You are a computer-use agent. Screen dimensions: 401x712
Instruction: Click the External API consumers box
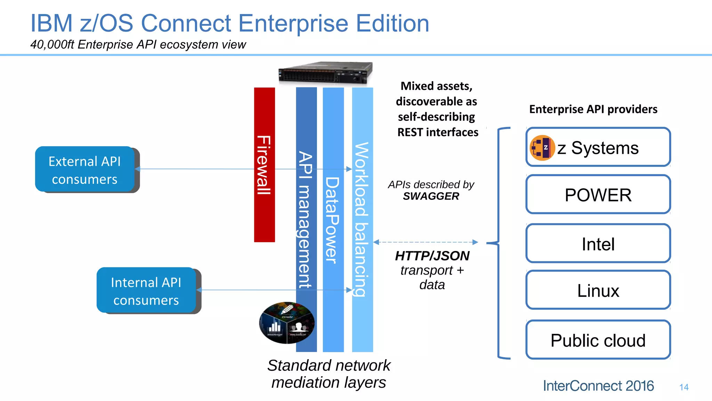coord(85,170)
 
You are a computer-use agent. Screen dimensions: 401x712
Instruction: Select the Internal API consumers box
coord(146,291)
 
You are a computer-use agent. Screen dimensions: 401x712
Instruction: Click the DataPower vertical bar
coord(333,219)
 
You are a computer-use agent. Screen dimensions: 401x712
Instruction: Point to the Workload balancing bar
coord(362,219)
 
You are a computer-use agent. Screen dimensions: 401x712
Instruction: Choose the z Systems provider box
coord(598,147)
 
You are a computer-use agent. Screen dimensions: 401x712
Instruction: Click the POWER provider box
coord(598,195)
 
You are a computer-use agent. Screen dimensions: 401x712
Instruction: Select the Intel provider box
coord(598,244)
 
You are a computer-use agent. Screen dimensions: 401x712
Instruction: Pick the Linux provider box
coord(598,290)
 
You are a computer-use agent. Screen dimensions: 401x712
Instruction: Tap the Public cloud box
coord(598,340)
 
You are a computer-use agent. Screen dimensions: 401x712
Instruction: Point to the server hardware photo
coord(325,72)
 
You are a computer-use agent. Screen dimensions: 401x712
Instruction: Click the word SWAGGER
coord(431,196)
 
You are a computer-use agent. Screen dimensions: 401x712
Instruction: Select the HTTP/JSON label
coord(432,256)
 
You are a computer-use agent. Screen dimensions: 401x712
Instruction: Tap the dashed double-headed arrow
coord(426,242)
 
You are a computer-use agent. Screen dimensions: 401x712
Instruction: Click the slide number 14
coord(684,387)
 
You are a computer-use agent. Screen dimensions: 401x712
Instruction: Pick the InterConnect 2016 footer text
coord(598,386)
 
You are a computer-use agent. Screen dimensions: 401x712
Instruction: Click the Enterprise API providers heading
coord(593,109)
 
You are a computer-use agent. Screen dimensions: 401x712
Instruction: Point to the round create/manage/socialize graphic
coord(287,323)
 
